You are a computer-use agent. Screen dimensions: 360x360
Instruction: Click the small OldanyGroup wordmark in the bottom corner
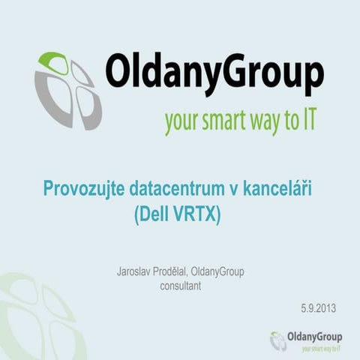pyautogui.click(x=314, y=337)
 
